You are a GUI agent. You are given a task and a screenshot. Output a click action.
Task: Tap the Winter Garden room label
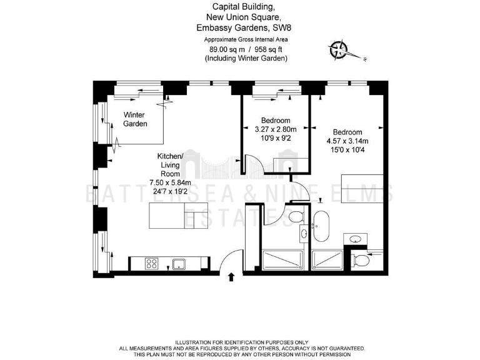[134, 119]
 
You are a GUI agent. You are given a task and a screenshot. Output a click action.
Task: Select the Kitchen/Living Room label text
[169, 164]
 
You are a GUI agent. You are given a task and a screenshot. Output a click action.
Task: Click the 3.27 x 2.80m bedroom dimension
[276, 129]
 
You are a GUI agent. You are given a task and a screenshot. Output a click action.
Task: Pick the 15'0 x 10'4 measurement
[347, 150]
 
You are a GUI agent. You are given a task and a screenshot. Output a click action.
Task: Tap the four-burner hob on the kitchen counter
[152, 263]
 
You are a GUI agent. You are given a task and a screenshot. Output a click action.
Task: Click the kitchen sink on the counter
[179, 263]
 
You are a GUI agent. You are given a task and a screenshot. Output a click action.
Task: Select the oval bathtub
[322, 226]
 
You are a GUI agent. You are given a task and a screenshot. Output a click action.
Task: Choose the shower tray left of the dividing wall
[284, 260]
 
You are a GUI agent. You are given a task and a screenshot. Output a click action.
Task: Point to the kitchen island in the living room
[167, 217]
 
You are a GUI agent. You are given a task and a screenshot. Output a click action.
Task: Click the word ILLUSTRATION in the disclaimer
[194, 342]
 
